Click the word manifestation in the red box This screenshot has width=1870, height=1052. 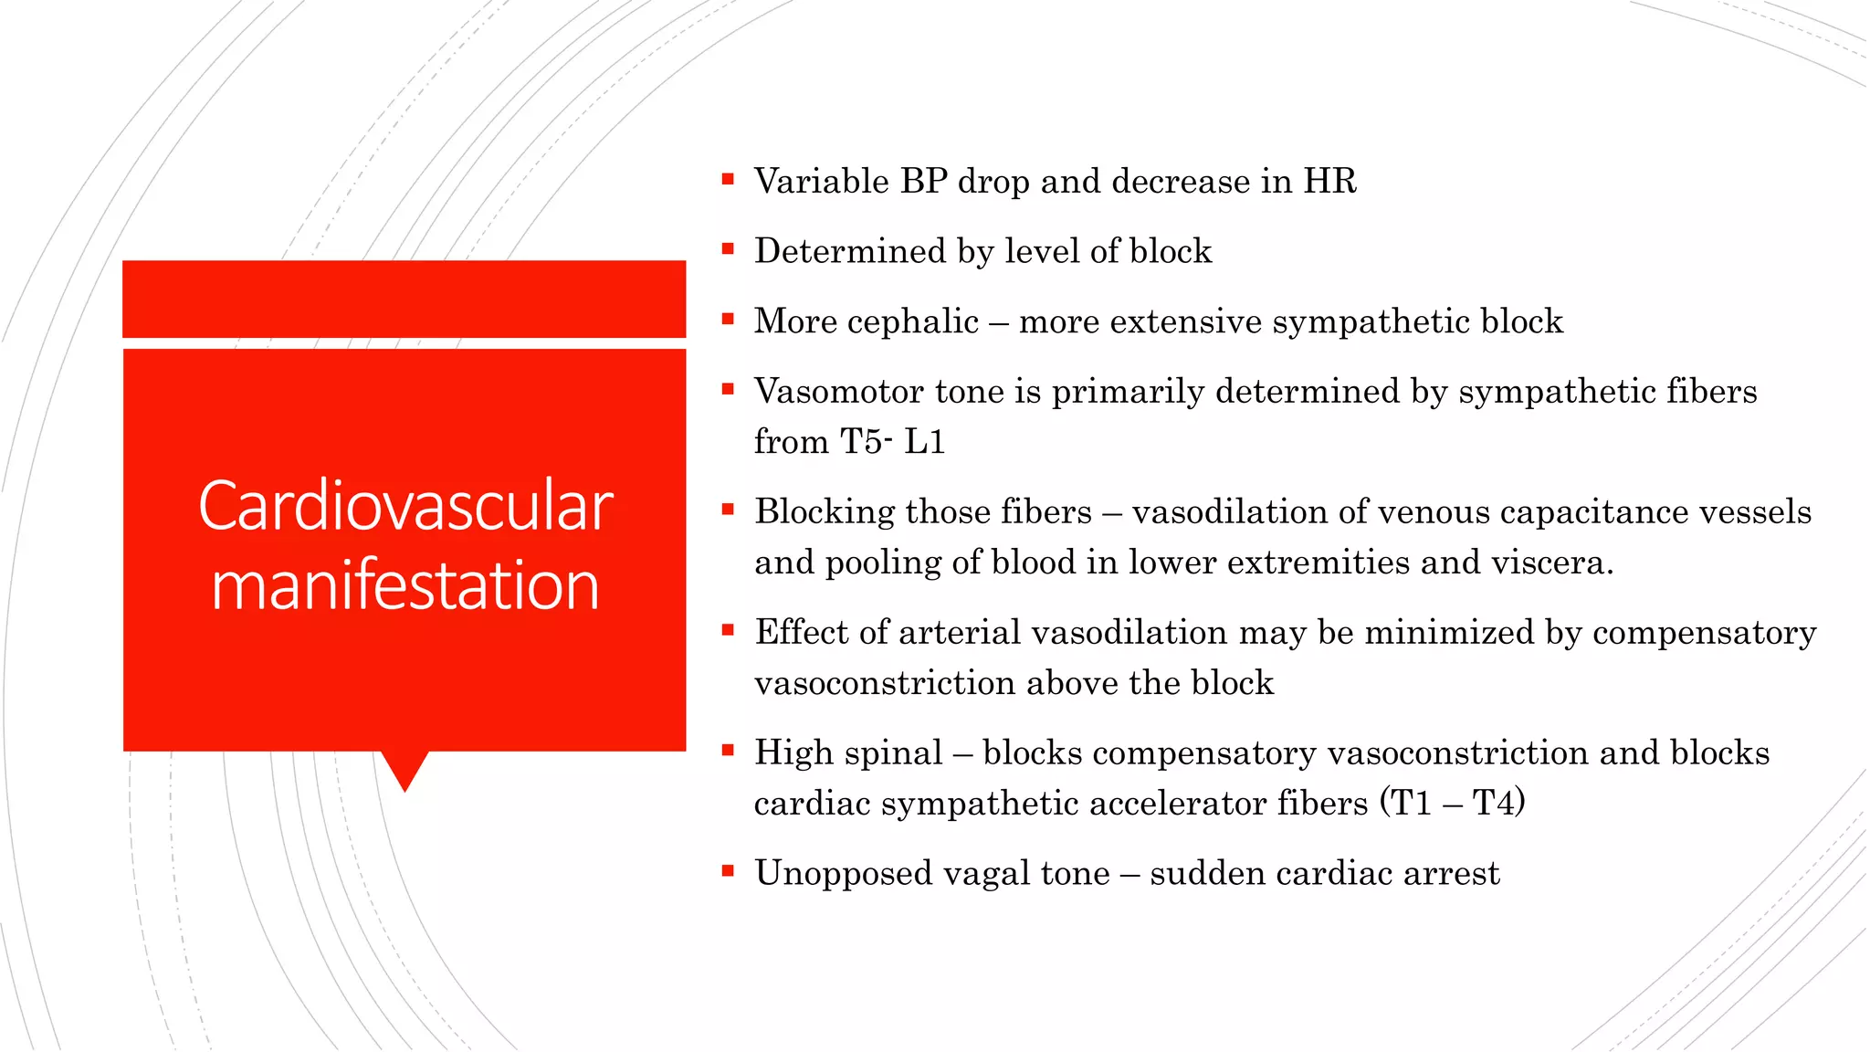[x=405, y=585]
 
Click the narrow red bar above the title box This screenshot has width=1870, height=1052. [x=404, y=299]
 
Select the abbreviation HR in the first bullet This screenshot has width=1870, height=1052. [x=1329, y=181]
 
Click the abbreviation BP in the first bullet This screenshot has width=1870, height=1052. [x=923, y=181]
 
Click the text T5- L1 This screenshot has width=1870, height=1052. [x=892, y=442]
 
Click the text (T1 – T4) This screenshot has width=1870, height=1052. [x=1452, y=803]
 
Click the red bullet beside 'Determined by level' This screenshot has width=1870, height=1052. [x=728, y=248]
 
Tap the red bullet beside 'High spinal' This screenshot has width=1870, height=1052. [x=728, y=751]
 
